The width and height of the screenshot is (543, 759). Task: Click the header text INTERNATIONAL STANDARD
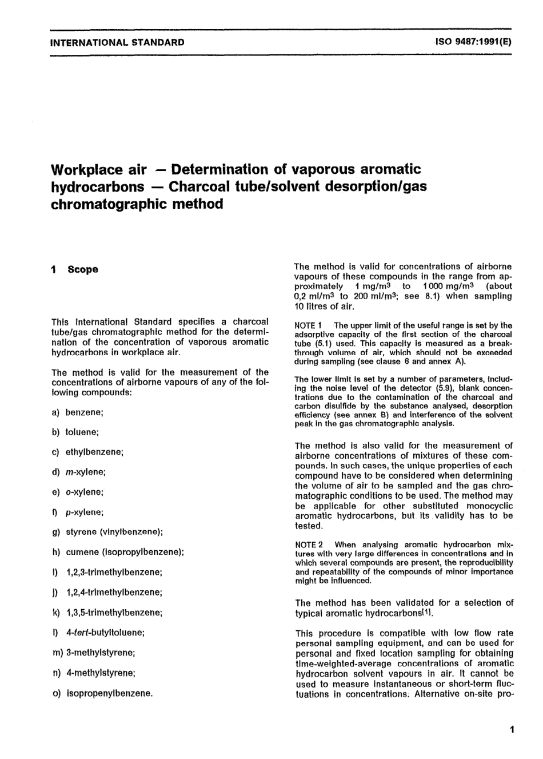pos(118,42)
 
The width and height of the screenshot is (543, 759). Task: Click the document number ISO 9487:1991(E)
pos(474,42)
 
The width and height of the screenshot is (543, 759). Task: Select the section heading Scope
pos(83,269)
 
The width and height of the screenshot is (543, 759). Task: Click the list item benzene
pos(84,412)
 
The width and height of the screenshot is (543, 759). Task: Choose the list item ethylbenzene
pos(94,452)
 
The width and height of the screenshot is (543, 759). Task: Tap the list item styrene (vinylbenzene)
pos(114,532)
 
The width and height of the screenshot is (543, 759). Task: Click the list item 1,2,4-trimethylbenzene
pos(114,592)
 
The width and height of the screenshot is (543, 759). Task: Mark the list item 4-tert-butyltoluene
pos(105,633)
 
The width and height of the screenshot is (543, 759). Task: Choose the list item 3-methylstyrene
pos(101,652)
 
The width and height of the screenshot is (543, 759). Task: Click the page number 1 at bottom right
pos(511,730)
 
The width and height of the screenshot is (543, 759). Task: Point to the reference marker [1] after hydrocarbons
pos(426,613)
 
